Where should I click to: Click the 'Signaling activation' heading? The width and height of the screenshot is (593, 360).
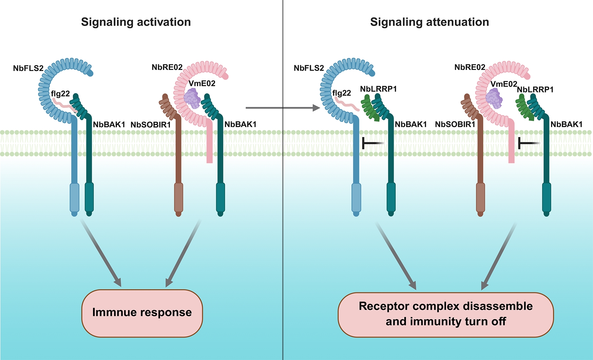click(136, 22)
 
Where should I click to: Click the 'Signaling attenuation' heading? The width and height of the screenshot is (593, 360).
click(430, 22)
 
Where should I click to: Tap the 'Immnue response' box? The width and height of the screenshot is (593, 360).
click(142, 313)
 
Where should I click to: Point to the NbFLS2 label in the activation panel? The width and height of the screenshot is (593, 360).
click(28, 68)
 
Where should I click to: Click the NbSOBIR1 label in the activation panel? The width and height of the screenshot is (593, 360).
click(151, 125)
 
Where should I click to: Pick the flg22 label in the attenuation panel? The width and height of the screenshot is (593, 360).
click(342, 93)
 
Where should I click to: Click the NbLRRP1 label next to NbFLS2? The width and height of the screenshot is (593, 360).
click(378, 89)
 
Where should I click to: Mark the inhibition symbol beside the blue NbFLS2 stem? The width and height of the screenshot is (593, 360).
click(372, 143)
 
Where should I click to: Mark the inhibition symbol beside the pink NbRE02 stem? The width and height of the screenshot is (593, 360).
click(528, 143)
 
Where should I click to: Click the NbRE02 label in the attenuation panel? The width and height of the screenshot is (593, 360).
click(470, 67)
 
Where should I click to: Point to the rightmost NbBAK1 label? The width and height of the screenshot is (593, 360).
click(566, 124)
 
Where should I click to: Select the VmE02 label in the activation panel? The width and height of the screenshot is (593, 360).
click(202, 84)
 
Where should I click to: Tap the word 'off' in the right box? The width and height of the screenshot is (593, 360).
click(499, 321)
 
